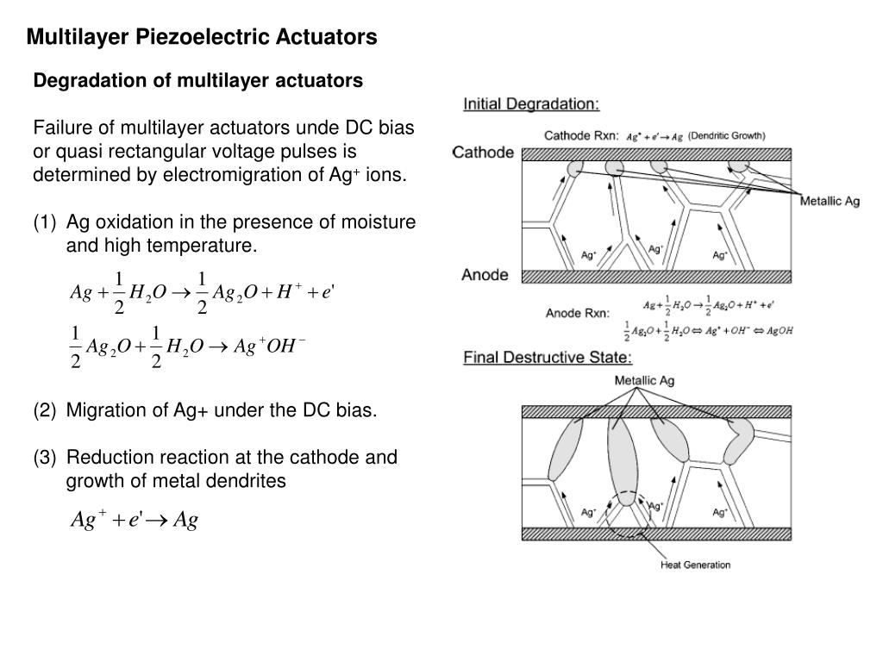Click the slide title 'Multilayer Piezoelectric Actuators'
tap(201, 37)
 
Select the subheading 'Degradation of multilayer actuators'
tap(198, 80)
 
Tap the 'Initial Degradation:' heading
tap(531, 104)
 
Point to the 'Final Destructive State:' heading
tap(548, 357)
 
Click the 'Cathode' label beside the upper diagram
tap(484, 153)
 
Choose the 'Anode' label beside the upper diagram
tap(485, 275)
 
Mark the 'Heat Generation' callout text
tap(695, 565)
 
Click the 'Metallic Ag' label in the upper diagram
tap(830, 202)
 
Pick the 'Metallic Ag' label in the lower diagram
tap(644, 380)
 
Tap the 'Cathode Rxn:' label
tap(581, 135)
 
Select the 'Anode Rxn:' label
tap(577, 313)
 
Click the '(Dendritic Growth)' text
tap(726, 135)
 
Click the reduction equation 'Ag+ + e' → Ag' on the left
tap(135, 520)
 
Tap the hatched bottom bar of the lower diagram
tap(655, 533)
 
